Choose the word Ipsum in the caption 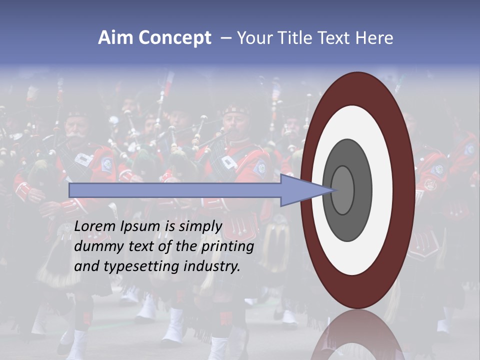click(x=140, y=226)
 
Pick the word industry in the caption click(x=212, y=266)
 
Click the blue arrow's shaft click(x=175, y=190)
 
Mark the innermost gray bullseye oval click(x=343, y=190)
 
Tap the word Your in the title click(x=253, y=38)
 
